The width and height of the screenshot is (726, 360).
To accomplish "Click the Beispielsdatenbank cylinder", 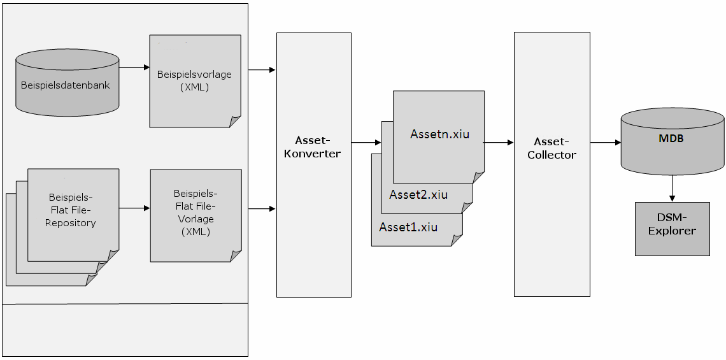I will pyautogui.click(x=67, y=84).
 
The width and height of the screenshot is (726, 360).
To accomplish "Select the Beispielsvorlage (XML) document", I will pyautogui.click(x=195, y=81).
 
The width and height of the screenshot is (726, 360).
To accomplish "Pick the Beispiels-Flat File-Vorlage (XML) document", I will pyautogui.click(x=195, y=213).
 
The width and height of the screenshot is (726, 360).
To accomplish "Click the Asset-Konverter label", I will pyautogui.click(x=313, y=147).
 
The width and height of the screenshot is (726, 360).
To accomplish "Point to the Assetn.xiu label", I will pyautogui.click(x=439, y=134).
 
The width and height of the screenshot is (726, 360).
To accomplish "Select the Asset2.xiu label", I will pyautogui.click(x=418, y=195).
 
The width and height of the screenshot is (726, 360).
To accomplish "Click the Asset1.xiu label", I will pyautogui.click(x=408, y=227).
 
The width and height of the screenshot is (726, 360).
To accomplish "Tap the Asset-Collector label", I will pyautogui.click(x=552, y=148).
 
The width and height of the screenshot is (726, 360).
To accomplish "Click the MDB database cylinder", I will pyautogui.click(x=672, y=141).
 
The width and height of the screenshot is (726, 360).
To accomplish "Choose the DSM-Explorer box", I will pyautogui.click(x=672, y=229).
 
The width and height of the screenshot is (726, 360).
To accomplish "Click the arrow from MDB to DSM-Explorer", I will pyautogui.click(x=672, y=189).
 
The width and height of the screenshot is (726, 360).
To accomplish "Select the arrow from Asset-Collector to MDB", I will pyautogui.click(x=605, y=143).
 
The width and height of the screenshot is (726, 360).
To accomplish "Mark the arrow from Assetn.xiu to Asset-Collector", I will pyautogui.click(x=499, y=143).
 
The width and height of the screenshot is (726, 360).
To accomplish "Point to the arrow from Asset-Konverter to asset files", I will pyautogui.click(x=366, y=143).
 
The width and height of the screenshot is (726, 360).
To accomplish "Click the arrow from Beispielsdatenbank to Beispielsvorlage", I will pyautogui.click(x=134, y=67).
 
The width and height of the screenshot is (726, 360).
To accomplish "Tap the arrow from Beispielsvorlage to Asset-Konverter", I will pyautogui.click(x=261, y=69).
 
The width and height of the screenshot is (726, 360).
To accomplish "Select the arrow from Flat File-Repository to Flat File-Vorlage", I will pyautogui.click(x=134, y=208).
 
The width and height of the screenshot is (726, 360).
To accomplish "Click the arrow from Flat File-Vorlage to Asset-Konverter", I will pyautogui.click(x=261, y=208).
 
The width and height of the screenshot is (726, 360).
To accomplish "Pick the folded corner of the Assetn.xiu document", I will pyautogui.click(x=478, y=178).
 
